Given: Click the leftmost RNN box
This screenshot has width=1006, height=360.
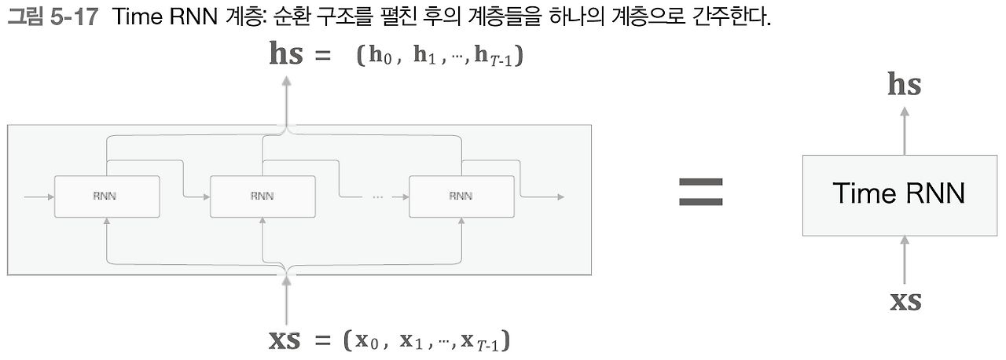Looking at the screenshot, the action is point(106,196).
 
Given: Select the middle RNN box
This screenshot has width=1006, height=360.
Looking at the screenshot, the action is point(263,196).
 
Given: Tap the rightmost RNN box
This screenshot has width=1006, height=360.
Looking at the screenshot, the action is point(461,196).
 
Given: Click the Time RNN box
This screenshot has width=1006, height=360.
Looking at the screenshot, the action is point(898,195).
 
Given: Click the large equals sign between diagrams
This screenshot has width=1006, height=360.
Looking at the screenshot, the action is point(700,193).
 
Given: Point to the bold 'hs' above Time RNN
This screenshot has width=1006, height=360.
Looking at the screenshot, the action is point(904,85).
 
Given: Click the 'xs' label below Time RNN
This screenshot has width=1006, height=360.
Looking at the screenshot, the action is point(905,300).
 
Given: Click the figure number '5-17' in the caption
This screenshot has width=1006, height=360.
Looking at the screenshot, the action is point(76,17).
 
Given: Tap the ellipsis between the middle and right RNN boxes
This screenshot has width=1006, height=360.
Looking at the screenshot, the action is point(377,197).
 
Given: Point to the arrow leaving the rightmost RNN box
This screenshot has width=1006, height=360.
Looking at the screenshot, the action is point(542,196).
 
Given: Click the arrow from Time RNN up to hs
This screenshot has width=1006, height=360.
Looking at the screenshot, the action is point(905,129).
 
